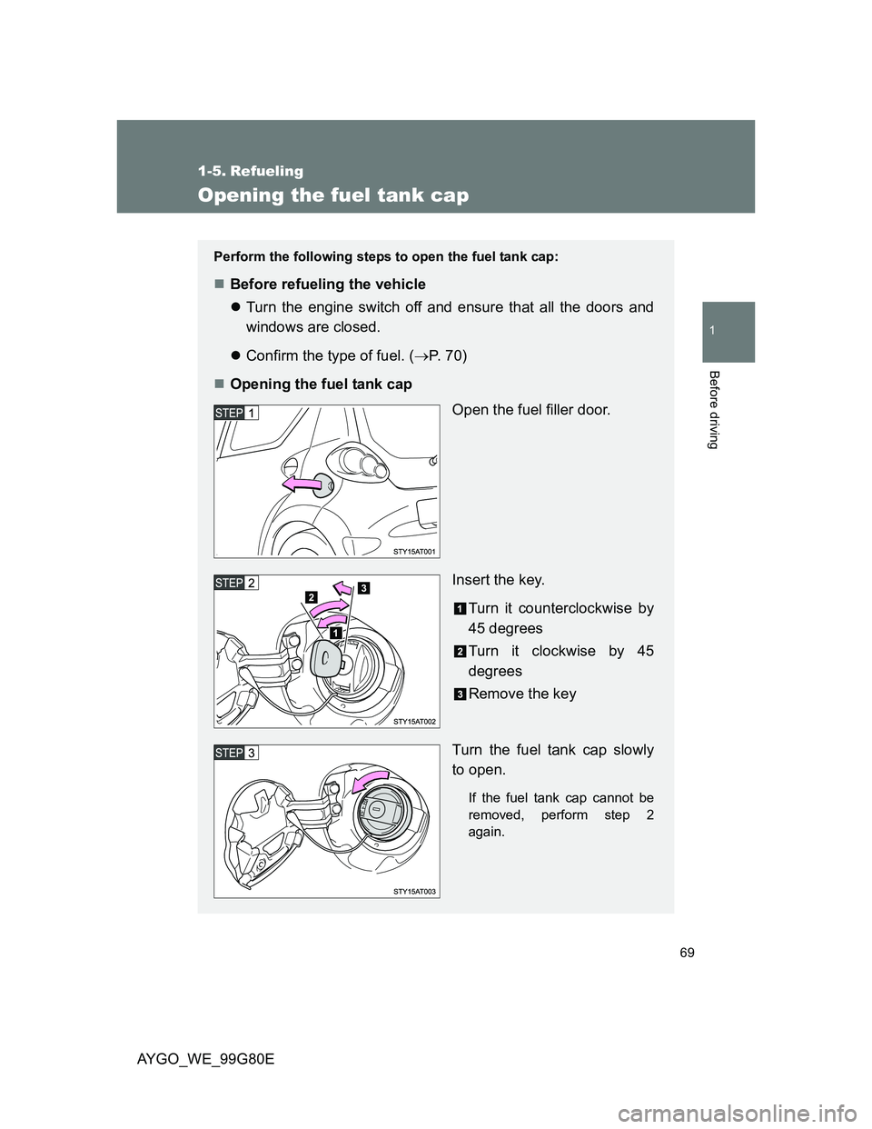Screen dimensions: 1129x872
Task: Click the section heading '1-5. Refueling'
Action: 251,171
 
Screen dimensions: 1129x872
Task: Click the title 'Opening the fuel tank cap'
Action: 333,195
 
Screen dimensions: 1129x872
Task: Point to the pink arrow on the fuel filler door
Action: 302,485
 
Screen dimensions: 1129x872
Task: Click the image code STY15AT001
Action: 414,551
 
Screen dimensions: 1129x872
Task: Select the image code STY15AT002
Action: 414,721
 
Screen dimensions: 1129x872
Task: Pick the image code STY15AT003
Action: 414,892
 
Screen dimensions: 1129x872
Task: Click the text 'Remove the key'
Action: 521,694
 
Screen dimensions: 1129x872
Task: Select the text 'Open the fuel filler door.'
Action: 531,410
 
